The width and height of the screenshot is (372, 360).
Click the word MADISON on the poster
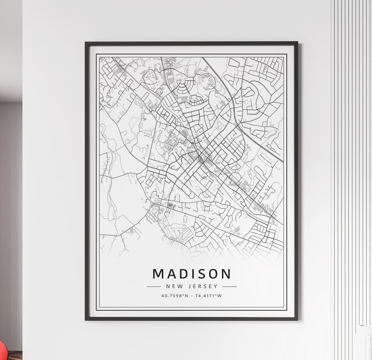point(192,274)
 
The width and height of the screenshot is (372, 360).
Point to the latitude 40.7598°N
point(175,296)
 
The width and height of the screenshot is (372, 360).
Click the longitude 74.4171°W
point(208,296)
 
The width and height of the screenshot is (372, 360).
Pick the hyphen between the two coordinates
point(192,296)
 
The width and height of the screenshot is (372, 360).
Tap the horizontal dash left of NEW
point(154,286)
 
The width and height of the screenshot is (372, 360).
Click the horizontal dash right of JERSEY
point(230,286)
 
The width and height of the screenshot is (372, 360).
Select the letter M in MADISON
point(159,274)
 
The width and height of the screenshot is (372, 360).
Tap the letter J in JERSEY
point(190,286)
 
